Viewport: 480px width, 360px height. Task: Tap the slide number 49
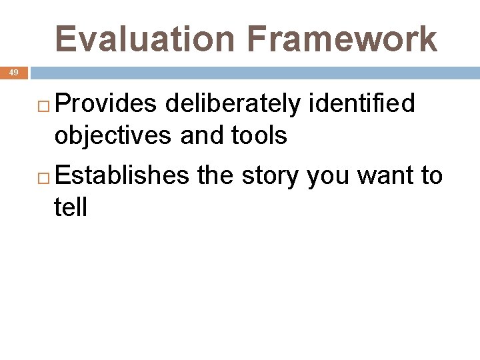[14, 73]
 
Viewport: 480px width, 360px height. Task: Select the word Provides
[106, 104]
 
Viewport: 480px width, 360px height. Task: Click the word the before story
[216, 175]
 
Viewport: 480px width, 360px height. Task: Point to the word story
[271, 177]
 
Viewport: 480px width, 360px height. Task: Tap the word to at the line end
[430, 176]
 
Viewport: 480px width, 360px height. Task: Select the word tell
[71, 207]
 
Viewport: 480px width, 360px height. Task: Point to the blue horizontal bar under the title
[253, 72]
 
